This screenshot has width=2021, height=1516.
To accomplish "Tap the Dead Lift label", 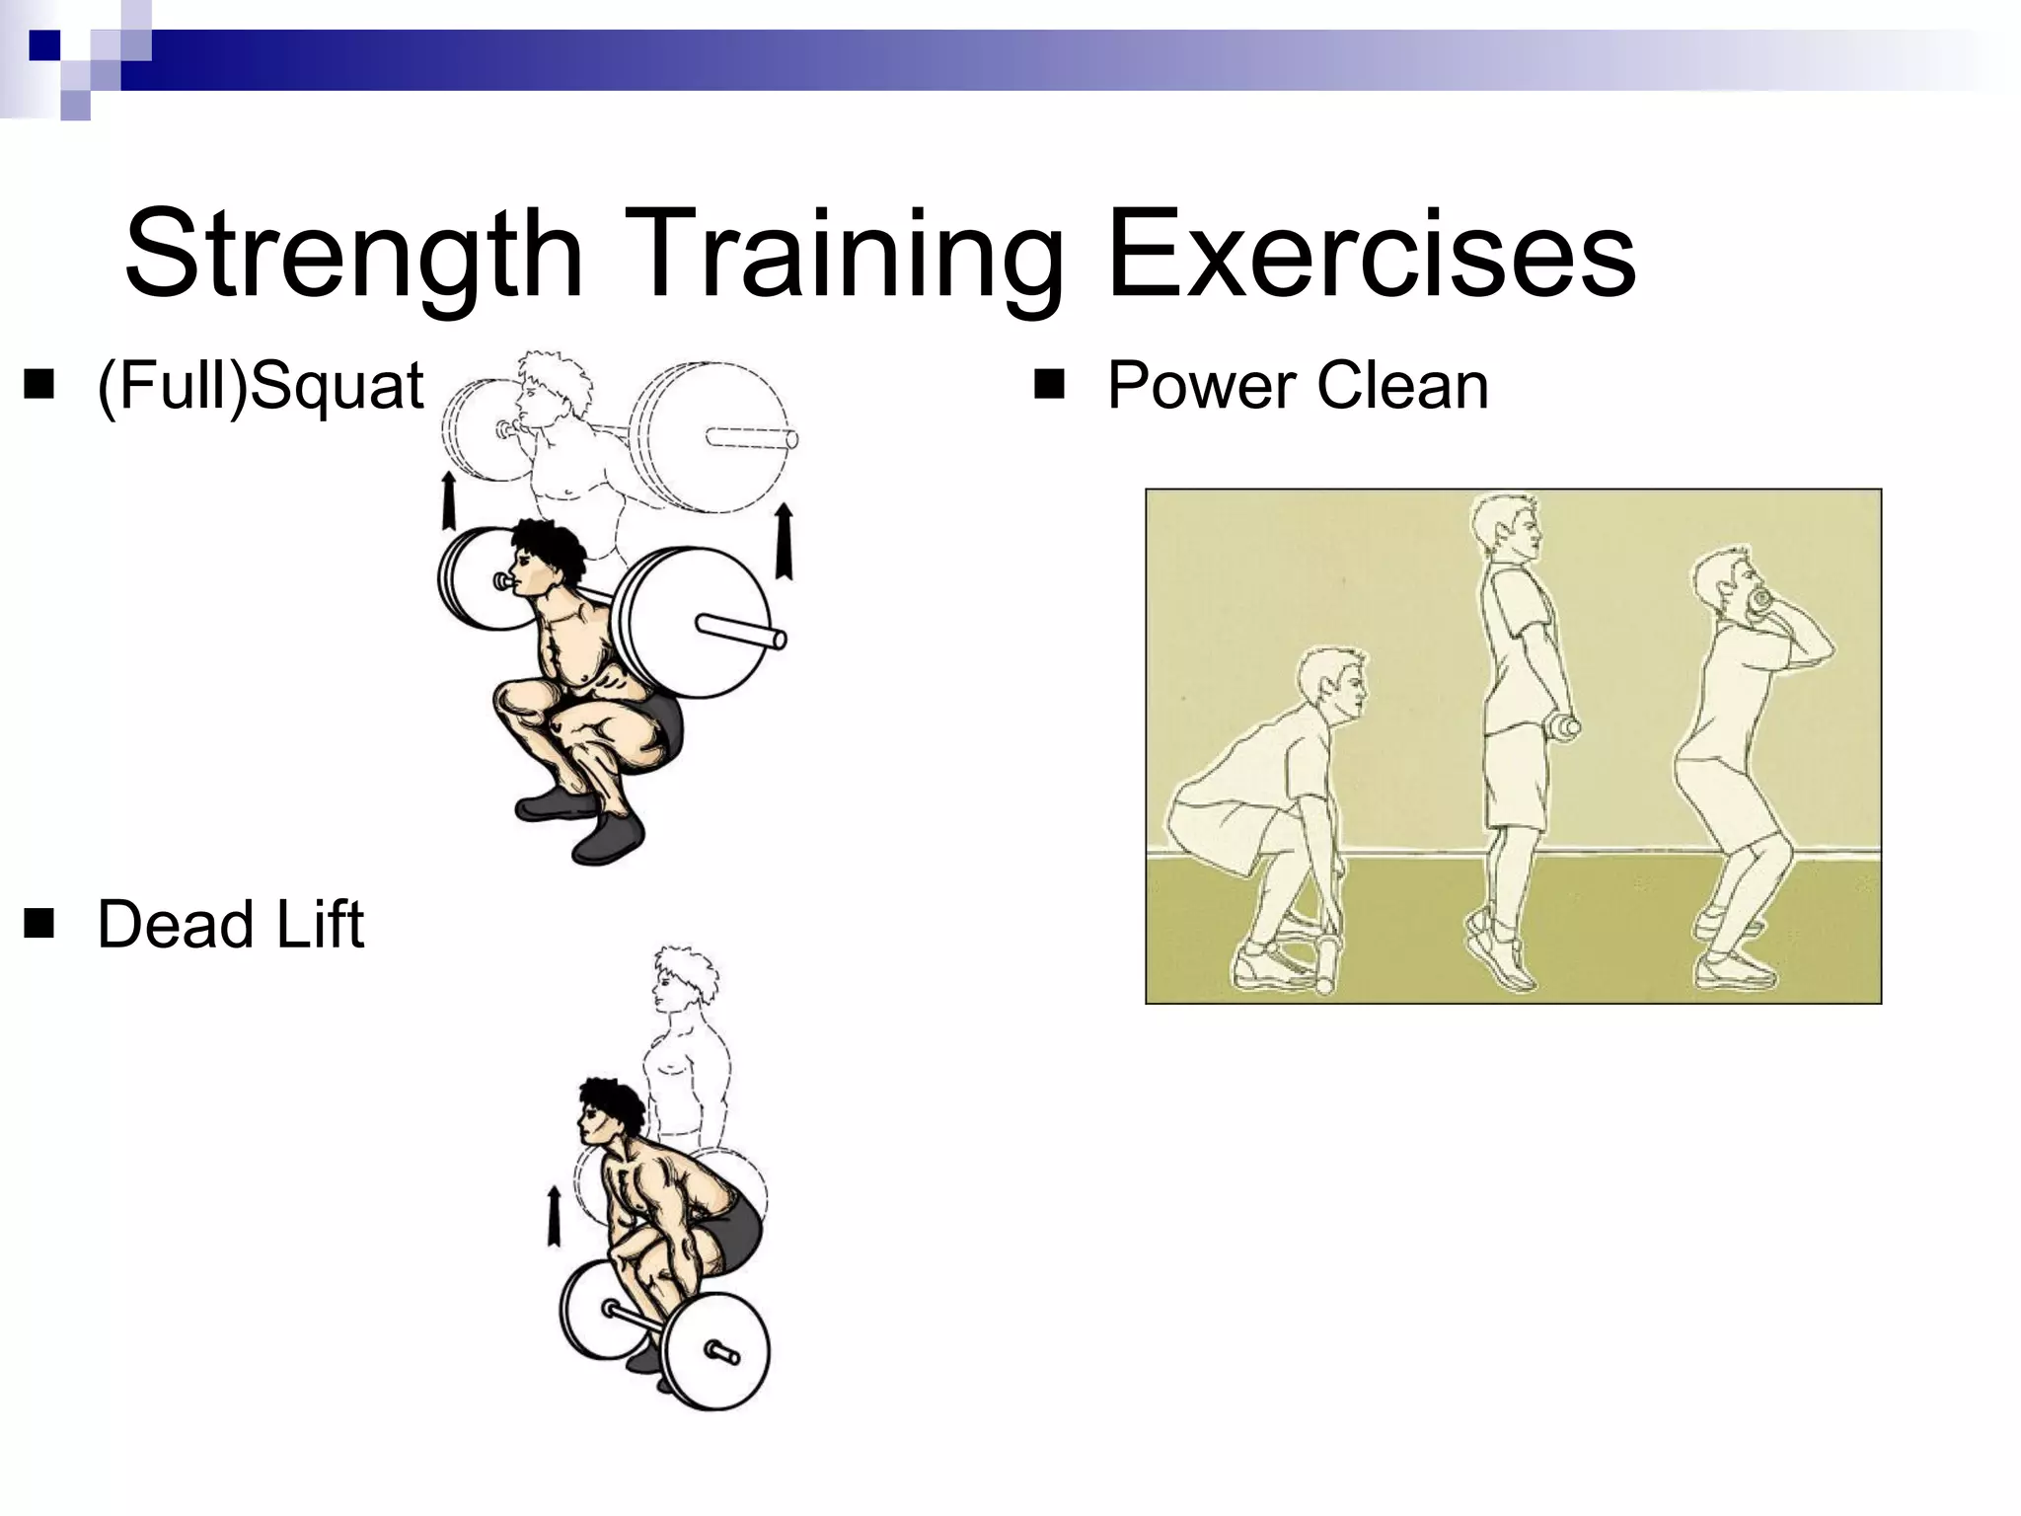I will click(231, 925).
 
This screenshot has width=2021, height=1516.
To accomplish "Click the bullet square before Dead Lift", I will click(39, 925).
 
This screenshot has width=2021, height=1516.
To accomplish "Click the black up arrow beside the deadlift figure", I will click(554, 1216).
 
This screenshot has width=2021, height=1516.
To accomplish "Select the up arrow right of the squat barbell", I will click(785, 540).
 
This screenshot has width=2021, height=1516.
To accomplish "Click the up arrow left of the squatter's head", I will click(448, 500).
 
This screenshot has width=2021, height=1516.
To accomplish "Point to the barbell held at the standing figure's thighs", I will click(1565, 727).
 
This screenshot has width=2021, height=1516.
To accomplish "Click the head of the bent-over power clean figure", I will click(1334, 681).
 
